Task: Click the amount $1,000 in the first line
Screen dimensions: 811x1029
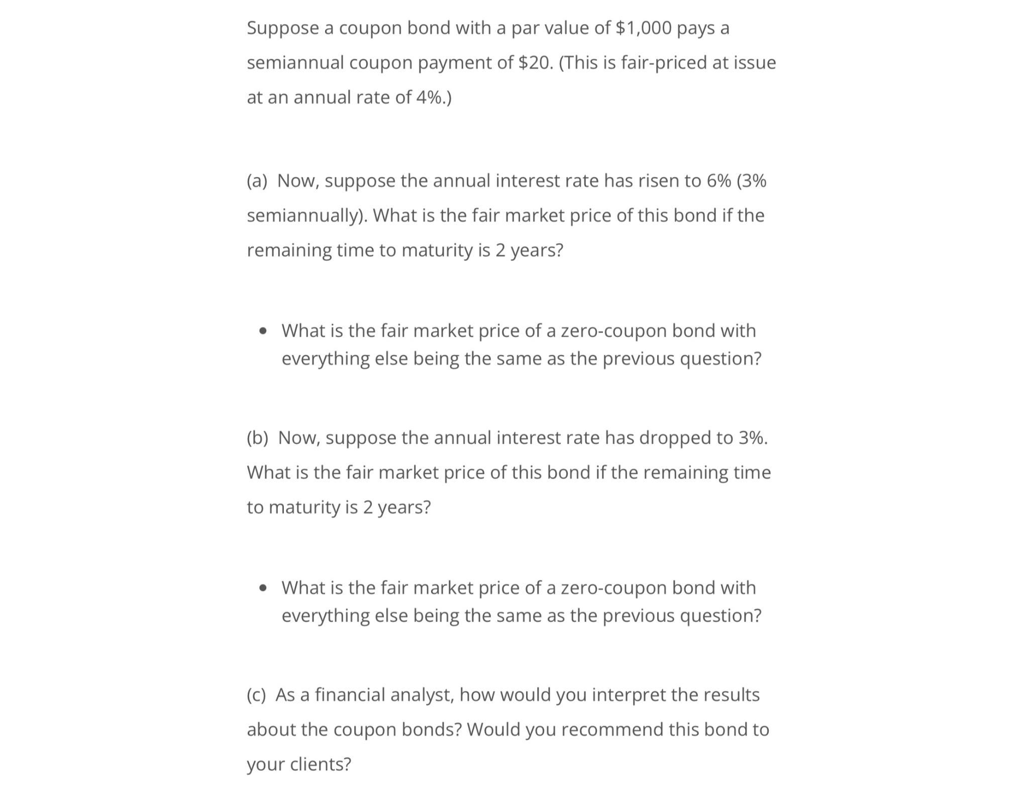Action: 643,28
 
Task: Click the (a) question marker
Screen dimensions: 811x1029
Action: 257,181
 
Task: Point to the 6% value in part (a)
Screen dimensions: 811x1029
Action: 718,181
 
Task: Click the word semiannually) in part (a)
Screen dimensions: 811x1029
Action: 307,216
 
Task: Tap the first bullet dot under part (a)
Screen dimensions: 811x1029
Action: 263,332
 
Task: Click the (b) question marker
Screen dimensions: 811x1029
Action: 257,438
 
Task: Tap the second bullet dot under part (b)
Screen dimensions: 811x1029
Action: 263,588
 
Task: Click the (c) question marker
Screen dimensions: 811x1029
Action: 256,695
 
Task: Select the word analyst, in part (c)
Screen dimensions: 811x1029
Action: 422,695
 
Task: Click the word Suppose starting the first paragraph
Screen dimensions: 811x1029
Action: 282,28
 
